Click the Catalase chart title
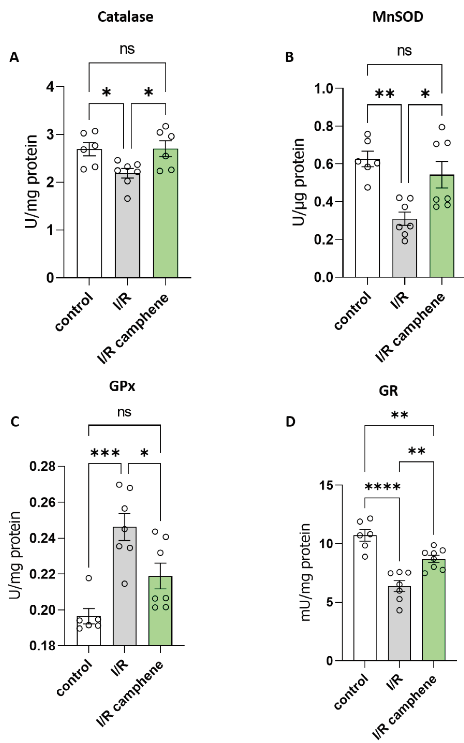[x=125, y=17]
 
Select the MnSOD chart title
[x=398, y=17]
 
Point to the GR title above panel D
[x=389, y=391]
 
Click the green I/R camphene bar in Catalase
[x=165, y=221]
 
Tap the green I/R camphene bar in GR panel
[x=434, y=613]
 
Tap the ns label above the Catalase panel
[x=127, y=49]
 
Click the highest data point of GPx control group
[x=89, y=578]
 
